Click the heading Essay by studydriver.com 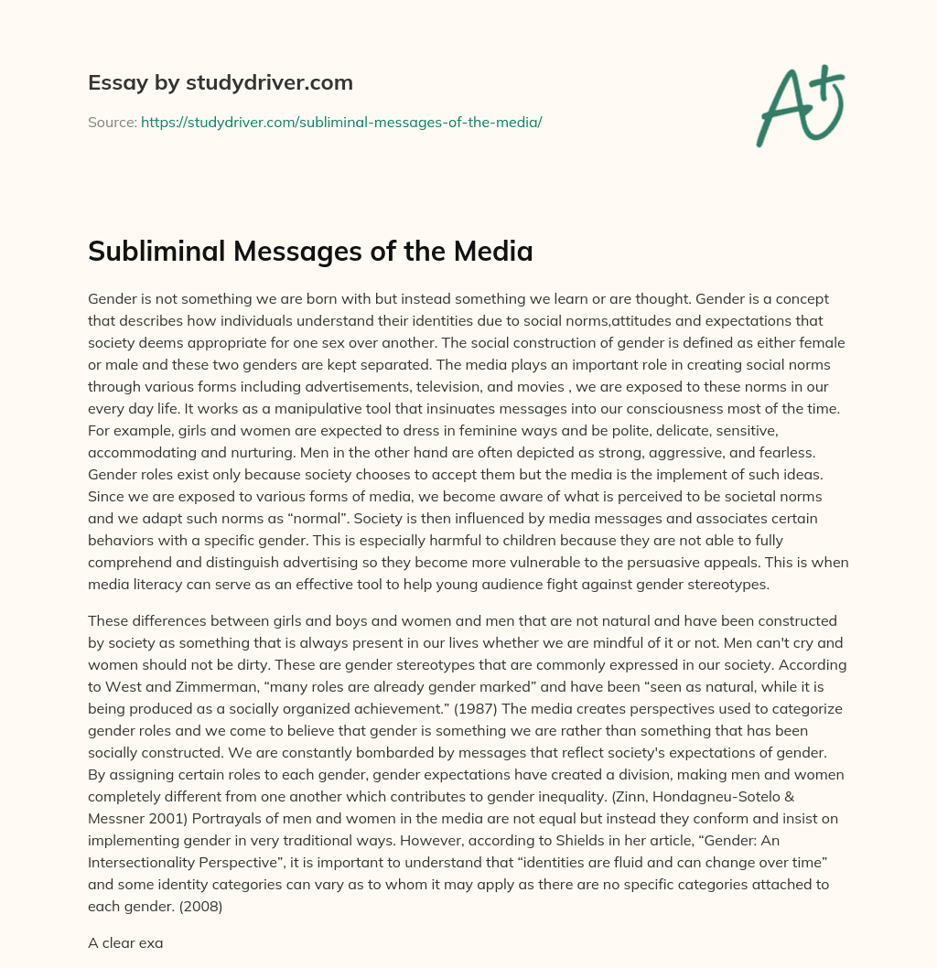point(221,82)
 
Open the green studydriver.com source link point(341,122)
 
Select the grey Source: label point(112,122)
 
